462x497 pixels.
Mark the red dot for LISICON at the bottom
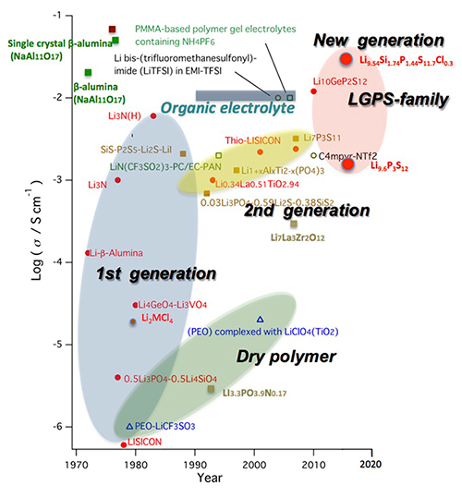pos(124,444)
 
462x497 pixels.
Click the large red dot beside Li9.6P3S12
pos(347,164)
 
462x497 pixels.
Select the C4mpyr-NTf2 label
pos(352,156)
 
